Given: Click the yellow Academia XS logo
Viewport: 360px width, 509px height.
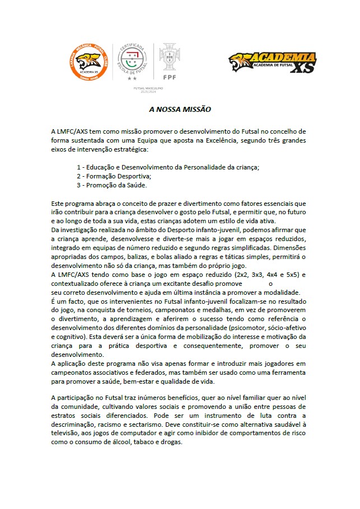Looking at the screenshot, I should [x=273, y=63].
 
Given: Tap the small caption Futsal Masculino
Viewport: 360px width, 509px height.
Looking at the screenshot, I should [x=148, y=88].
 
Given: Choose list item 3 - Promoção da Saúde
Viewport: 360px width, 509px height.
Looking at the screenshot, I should [x=112, y=185].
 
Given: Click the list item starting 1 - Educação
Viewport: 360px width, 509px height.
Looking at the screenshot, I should [x=168, y=167].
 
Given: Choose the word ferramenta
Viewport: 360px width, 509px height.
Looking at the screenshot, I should [x=284, y=373].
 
